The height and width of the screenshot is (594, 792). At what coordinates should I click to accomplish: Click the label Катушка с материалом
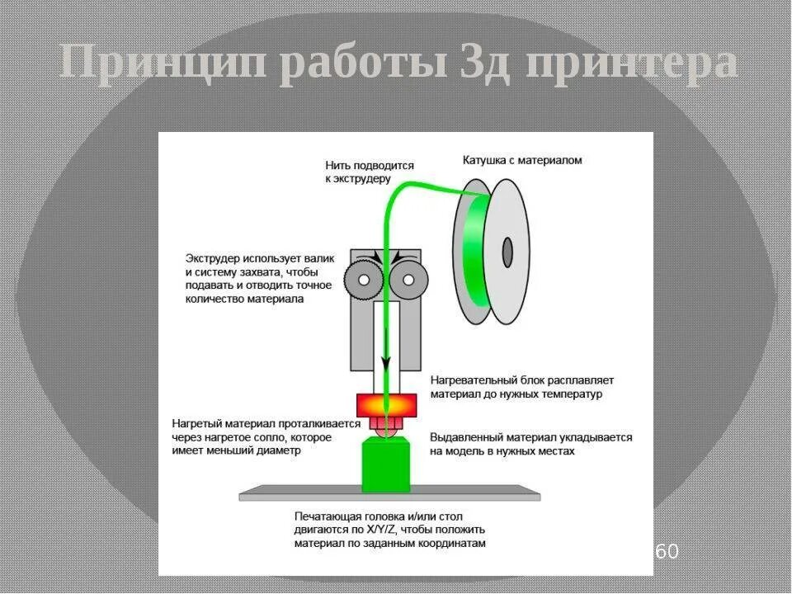coord(521,160)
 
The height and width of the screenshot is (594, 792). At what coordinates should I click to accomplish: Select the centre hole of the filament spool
coord(507,252)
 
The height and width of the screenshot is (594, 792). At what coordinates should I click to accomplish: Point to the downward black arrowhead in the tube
coord(385,364)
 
